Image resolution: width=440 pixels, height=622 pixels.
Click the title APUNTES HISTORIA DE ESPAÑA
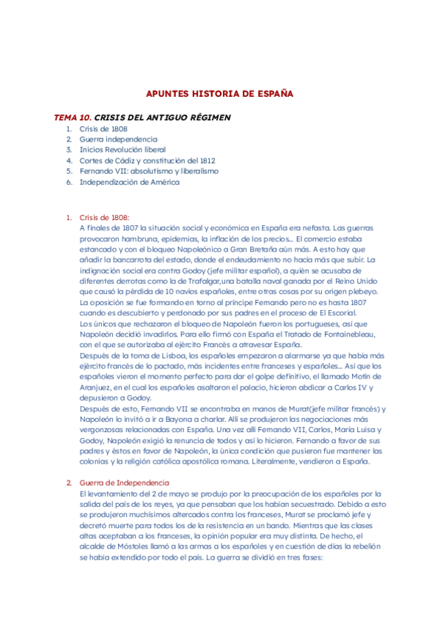[220, 94]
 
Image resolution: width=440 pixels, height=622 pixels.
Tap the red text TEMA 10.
[73, 117]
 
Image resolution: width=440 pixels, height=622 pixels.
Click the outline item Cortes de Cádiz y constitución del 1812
[147, 160]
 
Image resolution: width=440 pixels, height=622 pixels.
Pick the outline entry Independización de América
[129, 182]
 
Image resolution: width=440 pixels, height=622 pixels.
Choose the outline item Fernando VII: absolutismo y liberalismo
[149, 171]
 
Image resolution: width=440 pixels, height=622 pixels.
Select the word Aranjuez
[98, 387]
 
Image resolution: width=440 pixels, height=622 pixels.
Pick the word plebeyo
[361, 291]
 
